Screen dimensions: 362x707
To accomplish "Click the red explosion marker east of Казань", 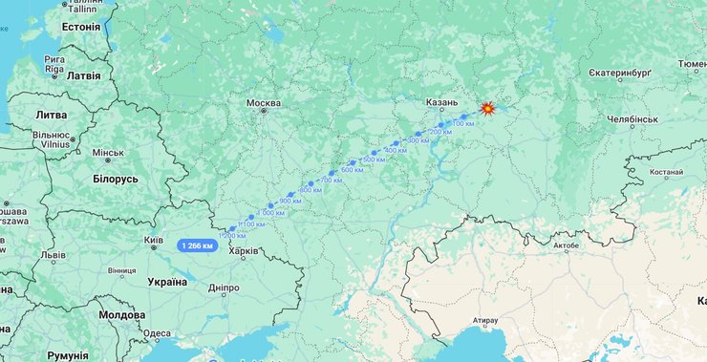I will coord(487,109).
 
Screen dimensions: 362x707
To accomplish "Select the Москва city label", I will coord(264,103).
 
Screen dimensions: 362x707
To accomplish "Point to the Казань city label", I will coord(442,102).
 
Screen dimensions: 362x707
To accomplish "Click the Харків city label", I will coord(244,251).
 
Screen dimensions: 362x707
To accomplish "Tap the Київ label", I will coord(153,240).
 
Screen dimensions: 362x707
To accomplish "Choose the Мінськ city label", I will coord(108,153).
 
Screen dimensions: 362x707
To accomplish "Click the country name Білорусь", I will coord(117,179).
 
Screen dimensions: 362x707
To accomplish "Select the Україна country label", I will coord(166,282).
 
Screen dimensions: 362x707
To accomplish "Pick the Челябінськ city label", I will coord(632,119).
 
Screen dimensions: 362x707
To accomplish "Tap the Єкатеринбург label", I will coord(618,73).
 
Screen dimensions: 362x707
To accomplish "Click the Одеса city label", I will coord(158,334).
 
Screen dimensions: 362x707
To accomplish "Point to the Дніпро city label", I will coord(223,287).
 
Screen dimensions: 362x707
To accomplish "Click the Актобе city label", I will coord(565,245).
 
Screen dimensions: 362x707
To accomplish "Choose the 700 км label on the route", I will coord(332,180).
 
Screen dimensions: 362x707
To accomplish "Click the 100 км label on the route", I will coord(462,124).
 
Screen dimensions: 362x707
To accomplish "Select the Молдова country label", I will coord(121,314).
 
